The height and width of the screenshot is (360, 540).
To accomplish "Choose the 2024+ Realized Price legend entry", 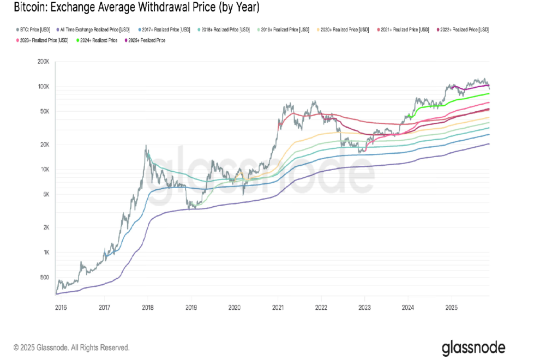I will tap(99, 40).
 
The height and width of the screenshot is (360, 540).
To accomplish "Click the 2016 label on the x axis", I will tap(61, 307).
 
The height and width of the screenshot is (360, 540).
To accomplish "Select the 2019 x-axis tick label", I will tap(190, 307).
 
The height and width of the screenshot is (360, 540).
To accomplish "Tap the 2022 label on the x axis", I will tap(321, 307).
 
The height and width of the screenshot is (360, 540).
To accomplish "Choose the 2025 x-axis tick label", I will tap(451, 307).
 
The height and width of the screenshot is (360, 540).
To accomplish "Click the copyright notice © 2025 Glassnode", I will tap(72, 347).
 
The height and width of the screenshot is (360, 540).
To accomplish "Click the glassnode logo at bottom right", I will tap(473, 347).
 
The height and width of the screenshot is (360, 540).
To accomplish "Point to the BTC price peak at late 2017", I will tap(146, 146).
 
